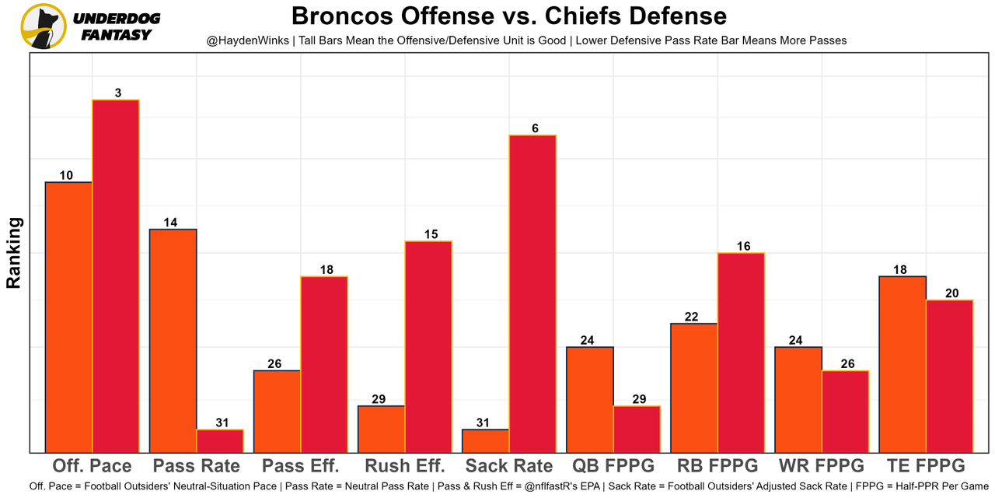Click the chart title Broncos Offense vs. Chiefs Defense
[509, 16]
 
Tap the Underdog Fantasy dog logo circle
[44, 26]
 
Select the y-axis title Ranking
[14, 253]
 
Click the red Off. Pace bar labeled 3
[116, 275]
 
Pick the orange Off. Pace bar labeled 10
[69, 317]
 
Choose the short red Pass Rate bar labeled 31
[220, 440]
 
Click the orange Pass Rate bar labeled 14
[173, 340]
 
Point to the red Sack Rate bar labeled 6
[532, 293]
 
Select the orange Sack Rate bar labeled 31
[486, 440]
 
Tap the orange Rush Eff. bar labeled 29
[382, 429]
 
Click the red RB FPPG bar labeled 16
[741, 352]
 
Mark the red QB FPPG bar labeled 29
[637, 429]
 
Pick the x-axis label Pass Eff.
[301, 466]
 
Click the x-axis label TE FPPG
[926, 466]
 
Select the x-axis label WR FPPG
[822, 466]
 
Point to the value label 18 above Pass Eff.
[326, 270]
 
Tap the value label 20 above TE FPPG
[951, 293]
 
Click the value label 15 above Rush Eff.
[431, 234]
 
